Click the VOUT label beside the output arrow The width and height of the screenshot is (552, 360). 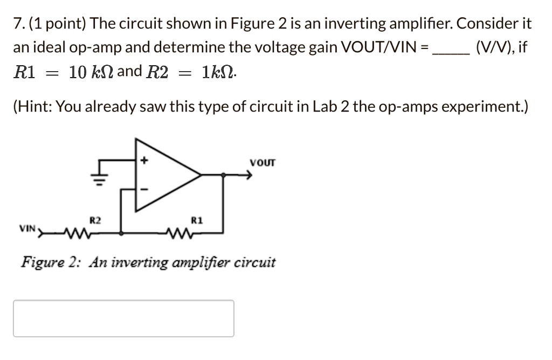[263, 162]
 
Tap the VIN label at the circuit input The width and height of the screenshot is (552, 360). [26, 229]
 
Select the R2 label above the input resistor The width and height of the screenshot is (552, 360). [95, 220]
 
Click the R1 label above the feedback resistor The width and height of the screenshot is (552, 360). [197, 220]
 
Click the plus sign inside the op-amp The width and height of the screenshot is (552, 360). [143, 160]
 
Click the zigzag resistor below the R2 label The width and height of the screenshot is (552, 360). [77, 233]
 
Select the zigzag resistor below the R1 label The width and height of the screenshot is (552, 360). [178, 233]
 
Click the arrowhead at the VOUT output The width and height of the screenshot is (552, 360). [249, 175]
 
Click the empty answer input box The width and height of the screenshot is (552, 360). [123, 319]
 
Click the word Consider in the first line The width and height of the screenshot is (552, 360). [487, 24]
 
